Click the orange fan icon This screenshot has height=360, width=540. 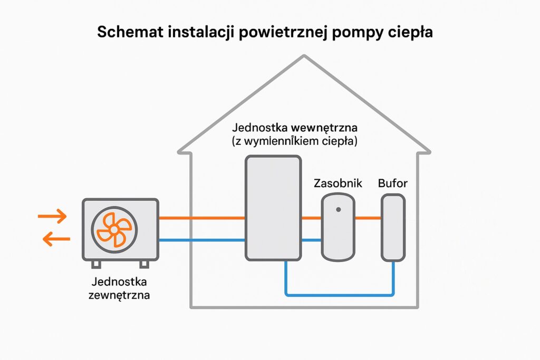click(114, 230)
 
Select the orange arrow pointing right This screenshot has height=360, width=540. click(53, 216)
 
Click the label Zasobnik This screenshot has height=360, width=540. click(337, 184)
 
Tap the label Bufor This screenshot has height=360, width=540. click(393, 184)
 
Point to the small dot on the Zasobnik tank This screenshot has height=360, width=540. click(338, 209)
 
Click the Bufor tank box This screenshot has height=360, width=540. click(393, 227)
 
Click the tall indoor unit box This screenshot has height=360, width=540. click(273, 208)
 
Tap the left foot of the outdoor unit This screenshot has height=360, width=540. click(96, 264)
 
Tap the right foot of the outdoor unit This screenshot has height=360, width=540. click(143, 264)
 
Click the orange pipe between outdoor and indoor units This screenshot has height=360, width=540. click(201, 217)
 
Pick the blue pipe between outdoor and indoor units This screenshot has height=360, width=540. click(201, 240)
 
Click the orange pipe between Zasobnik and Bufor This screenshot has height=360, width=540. click(368, 217)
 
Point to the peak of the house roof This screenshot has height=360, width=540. click(304, 56)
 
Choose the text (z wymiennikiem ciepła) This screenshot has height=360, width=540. click(294, 141)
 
